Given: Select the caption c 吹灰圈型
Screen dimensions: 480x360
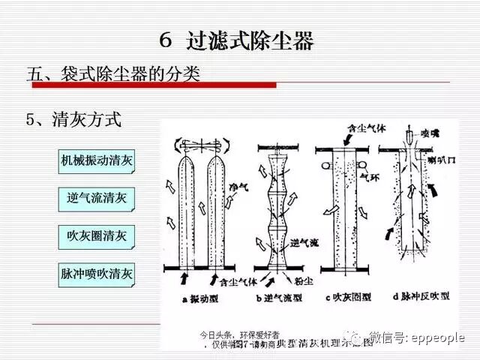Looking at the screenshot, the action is pyautogui.click(x=347, y=298).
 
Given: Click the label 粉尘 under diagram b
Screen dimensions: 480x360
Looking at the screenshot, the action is pyautogui.click(x=306, y=280).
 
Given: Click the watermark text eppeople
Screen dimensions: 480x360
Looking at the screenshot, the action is pyautogui.click(x=438, y=338).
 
